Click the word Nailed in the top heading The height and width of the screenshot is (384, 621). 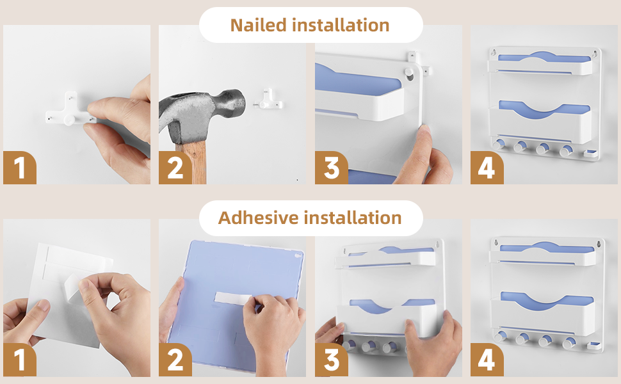point(258,26)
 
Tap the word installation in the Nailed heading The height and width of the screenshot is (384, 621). point(341,26)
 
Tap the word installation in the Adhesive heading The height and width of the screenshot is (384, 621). point(353,218)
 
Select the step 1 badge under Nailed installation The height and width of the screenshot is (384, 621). point(20,168)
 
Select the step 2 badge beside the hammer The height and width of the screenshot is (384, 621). point(175,168)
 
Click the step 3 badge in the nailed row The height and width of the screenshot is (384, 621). point(332,168)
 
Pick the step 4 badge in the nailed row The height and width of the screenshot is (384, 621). point(487,168)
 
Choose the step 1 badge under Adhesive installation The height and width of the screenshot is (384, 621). point(20,360)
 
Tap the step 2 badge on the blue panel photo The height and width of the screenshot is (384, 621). point(175,360)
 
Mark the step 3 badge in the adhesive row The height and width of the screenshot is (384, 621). point(332,360)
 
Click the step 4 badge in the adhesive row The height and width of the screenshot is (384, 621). point(487,360)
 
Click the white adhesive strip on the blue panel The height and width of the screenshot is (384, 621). point(232,299)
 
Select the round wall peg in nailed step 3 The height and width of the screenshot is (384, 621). point(408,72)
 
